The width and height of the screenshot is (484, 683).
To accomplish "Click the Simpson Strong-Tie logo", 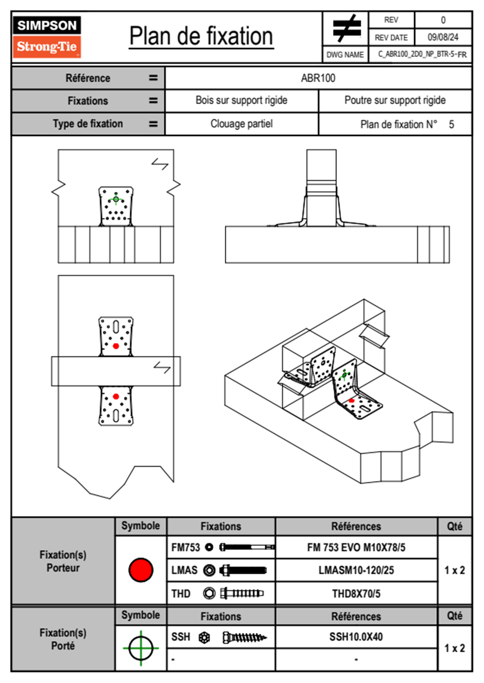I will pos(47,37).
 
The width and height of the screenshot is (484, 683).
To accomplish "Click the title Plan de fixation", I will pos(201,36).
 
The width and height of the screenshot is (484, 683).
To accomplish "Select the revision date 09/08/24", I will pos(443,37).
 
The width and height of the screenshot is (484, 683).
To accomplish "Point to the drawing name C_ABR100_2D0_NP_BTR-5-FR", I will pos(422,54).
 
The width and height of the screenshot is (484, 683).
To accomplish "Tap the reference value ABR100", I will pos(318,78).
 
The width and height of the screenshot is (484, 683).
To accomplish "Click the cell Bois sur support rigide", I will pos(241,100).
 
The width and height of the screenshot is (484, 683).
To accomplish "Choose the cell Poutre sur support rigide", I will pos(395,100).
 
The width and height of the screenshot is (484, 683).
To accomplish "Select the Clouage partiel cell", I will pos(241,124).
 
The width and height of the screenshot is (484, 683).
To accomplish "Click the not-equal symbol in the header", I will pos(347,28).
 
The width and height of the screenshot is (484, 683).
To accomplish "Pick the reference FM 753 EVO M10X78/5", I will pos(356,548).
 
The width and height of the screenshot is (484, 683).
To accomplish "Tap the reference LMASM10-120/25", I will pos(356,571).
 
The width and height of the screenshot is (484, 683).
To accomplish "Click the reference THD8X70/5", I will pos(356,594).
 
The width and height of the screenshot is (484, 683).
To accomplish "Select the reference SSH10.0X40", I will pos(356,637).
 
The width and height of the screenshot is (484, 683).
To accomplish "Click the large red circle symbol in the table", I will pos(141,570).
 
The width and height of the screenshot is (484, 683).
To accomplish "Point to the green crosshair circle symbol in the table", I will pos(141,648).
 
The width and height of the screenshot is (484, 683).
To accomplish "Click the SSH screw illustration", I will pos(244,638).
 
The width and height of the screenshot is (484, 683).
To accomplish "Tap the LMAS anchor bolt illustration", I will pos(243,571).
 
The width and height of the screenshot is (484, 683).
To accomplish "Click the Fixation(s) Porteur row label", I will pos(63,561).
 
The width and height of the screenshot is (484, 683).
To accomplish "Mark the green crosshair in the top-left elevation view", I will pos(116,199).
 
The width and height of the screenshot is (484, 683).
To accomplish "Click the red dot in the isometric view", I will pos(352,401).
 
